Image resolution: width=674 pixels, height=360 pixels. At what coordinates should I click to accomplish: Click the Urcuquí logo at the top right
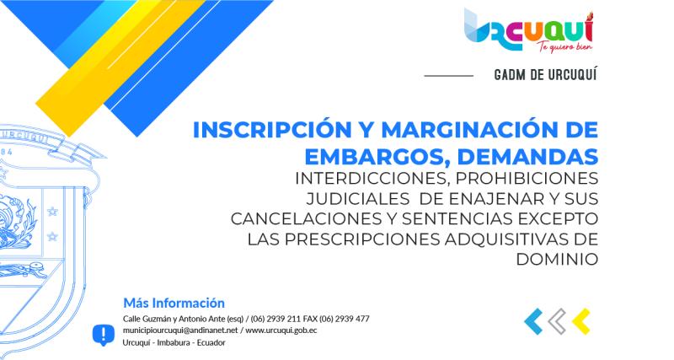tap(529, 30)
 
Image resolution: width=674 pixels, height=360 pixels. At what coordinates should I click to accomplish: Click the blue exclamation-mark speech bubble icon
tap(103, 335)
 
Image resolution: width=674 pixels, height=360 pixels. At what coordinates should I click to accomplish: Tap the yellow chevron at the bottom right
tap(580, 320)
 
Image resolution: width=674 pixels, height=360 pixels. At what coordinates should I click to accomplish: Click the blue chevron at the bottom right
tap(532, 320)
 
